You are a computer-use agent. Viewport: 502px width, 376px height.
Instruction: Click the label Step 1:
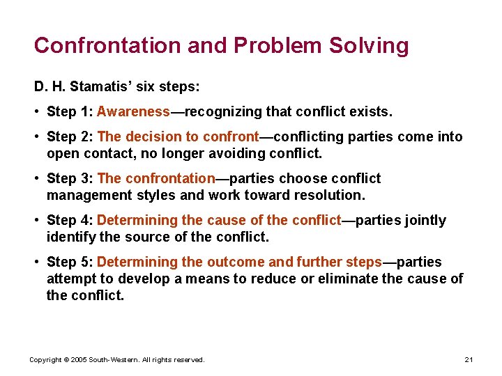point(70,111)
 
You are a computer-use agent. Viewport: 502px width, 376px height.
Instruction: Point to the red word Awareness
point(133,111)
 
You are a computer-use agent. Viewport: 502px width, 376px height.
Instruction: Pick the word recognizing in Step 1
point(224,111)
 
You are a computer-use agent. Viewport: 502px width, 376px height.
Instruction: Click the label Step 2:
point(70,136)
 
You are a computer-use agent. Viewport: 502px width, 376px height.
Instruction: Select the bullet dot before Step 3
point(37,179)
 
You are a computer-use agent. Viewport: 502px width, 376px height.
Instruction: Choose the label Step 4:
point(70,220)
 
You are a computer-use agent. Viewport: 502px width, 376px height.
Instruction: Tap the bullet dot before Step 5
point(37,263)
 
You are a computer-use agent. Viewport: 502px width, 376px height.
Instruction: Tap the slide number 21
point(469,360)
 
